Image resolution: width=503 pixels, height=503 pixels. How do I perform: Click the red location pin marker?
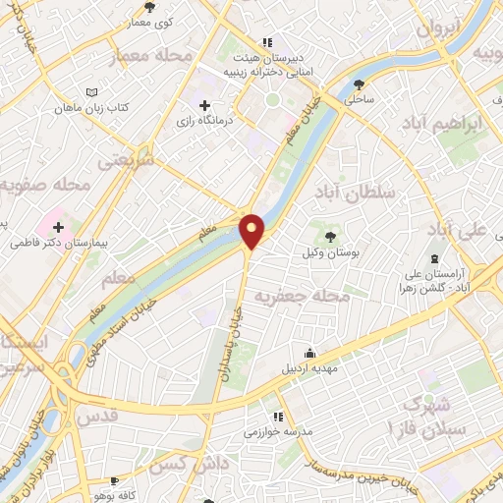coord(252,232)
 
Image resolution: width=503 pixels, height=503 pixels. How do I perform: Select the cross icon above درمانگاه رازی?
coord(204,104)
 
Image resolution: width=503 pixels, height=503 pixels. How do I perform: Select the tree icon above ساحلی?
coord(362,84)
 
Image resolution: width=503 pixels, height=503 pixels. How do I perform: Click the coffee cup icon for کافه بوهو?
coord(115,480)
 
